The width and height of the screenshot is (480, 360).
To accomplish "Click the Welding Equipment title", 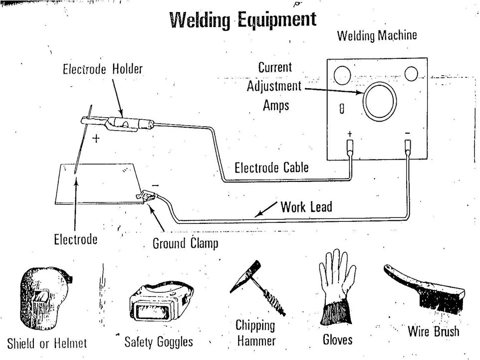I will coord(243,20).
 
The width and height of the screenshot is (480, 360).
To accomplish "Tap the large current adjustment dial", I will coord(380,100).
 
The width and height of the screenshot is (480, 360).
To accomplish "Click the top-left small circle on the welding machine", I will coord(342,76).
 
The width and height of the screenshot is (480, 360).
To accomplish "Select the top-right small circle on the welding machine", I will coord(411,73).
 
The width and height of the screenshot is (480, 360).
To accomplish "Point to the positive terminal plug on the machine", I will coord(350,147).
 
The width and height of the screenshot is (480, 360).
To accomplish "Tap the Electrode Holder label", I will coord(102,70).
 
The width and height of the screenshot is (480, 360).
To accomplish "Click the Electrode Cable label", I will coord(271,168).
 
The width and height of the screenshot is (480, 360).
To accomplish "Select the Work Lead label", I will coord(306,206).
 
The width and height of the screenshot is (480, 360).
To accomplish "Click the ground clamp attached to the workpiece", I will coord(147,195).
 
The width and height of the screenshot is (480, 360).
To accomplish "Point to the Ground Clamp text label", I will coord(185,244).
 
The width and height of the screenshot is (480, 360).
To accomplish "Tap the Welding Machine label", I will coord(377,36).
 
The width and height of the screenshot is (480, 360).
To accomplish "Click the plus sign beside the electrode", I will coord(96,139).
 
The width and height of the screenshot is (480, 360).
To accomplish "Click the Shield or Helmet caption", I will coord(47,343).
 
